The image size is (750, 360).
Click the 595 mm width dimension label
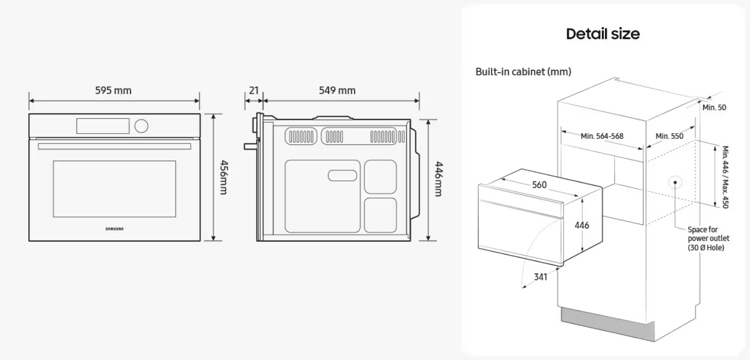(113, 90)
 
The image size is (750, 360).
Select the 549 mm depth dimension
(337, 90)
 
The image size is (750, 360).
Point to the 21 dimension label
(254, 90)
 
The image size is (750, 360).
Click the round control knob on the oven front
(141, 126)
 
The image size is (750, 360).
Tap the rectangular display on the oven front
(103, 126)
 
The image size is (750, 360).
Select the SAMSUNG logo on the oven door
(115, 229)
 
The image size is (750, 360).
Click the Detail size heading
(603, 34)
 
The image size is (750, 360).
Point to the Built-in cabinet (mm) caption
(523, 71)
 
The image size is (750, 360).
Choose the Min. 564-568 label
(602, 136)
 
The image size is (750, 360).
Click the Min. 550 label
(669, 136)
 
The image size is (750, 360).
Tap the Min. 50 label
(714, 107)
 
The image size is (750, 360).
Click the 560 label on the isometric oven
(539, 184)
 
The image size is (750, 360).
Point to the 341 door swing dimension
(541, 276)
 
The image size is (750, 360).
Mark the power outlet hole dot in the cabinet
(676, 182)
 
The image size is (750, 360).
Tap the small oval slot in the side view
(343, 175)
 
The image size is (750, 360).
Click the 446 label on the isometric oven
(581, 225)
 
